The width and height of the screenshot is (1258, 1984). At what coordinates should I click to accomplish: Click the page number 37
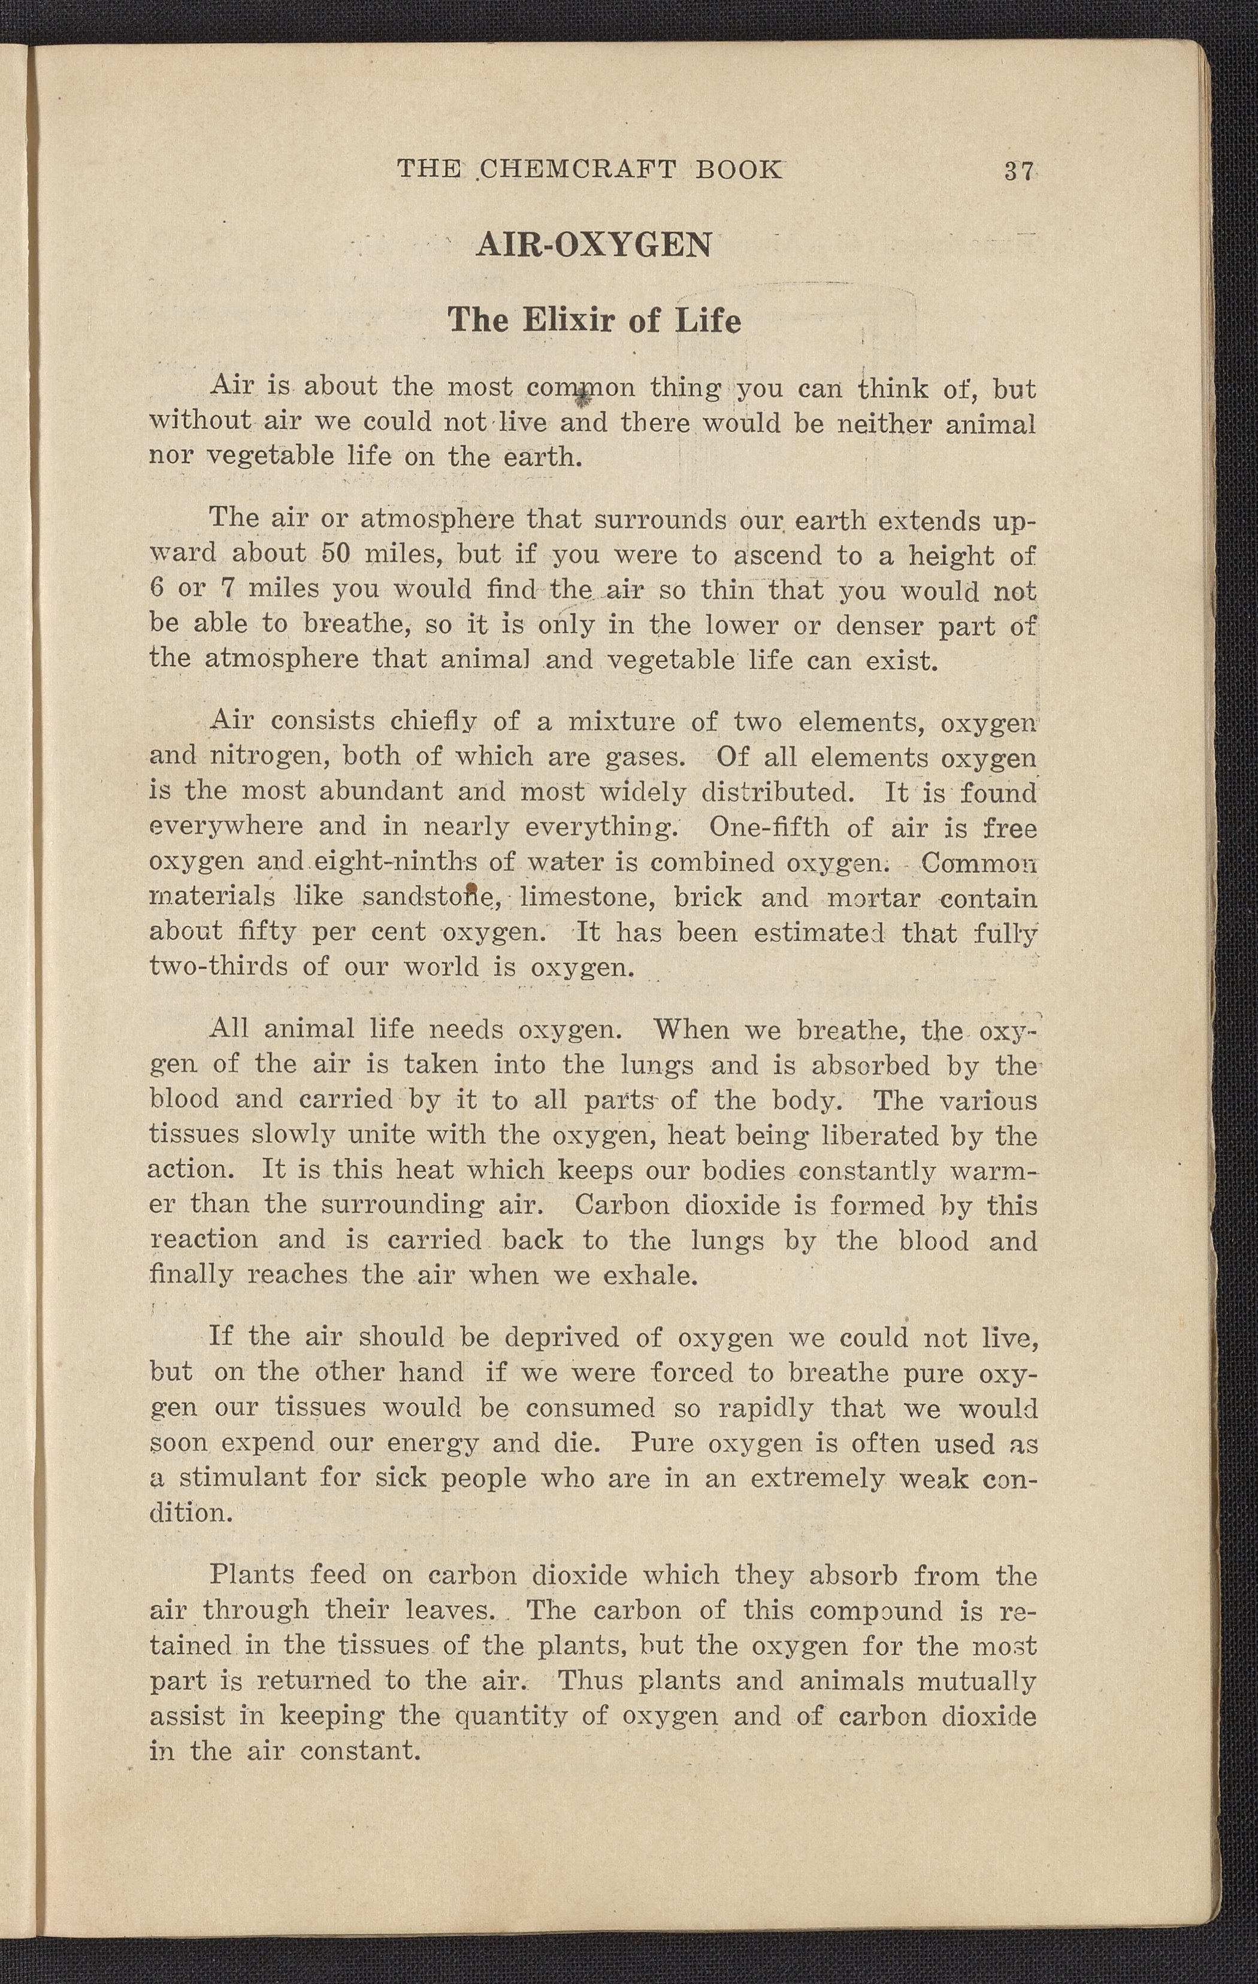tap(1018, 171)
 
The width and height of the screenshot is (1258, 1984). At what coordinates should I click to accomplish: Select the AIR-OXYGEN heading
tap(593, 246)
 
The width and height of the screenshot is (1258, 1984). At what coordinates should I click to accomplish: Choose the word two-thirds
tap(219, 966)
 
